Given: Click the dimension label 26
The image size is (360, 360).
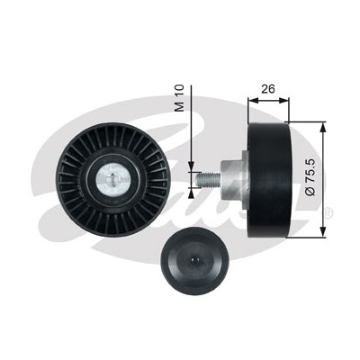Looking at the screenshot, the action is pyautogui.click(x=268, y=89).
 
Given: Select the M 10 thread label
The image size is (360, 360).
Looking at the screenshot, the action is pyautogui.click(x=179, y=98).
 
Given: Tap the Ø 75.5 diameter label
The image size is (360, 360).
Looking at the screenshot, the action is pyautogui.click(x=310, y=178).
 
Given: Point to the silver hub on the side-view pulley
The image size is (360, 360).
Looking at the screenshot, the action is pyautogui.click(x=235, y=179).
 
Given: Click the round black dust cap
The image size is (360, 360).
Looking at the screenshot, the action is pyautogui.click(x=194, y=259).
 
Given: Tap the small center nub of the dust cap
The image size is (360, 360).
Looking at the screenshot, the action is pyautogui.click(x=194, y=259).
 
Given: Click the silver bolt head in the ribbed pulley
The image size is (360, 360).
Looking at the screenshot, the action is pyautogui.click(x=112, y=179).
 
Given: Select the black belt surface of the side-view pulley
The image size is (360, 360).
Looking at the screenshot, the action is pyautogui.click(x=268, y=180).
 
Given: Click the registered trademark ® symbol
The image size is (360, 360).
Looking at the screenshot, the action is pyautogui.click(x=328, y=212).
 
